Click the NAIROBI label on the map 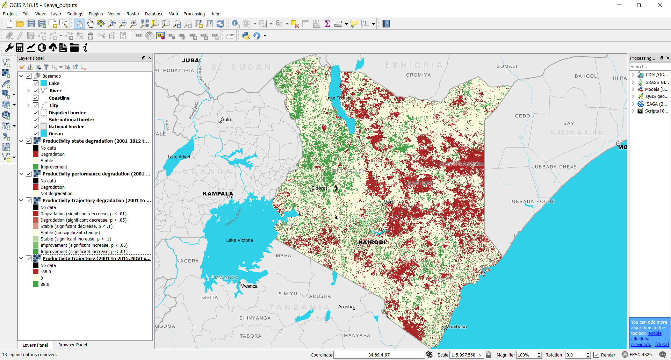coord(372,242)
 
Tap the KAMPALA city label coord(217,194)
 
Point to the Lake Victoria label coord(239,240)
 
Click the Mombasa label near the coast coord(456,327)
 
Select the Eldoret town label coord(319,188)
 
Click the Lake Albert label coord(179,157)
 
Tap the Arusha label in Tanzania coord(346,307)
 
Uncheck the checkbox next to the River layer coord(36,91)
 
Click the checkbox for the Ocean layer coord(36,134)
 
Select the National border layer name coord(66,127)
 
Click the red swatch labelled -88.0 coord(36,272)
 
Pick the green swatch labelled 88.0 coord(36,284)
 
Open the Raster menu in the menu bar coord(132,14)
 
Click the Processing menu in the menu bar coord(194,14)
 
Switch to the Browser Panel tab coord(72,345)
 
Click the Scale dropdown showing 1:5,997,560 coord(466,355)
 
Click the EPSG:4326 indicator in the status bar coord(640,355)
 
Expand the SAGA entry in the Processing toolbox coord(633,104)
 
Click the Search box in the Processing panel coord(649,66)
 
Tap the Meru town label coord(389,202)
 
